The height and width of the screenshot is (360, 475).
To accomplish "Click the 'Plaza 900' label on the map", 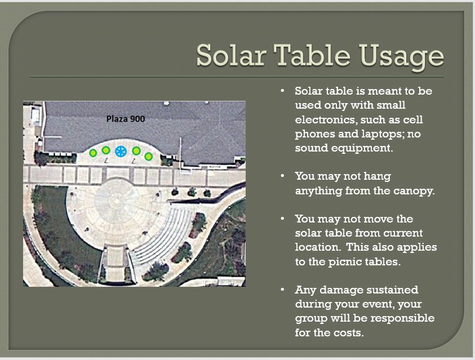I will [x=126, y=119].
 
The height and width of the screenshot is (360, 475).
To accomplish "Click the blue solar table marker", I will [x=121, y=151].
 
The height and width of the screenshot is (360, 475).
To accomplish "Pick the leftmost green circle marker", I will [x=93, y=153].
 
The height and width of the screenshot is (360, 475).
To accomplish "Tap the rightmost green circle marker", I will [x=148, y=156].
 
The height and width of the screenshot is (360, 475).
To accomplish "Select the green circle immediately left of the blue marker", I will [x=106, y=150].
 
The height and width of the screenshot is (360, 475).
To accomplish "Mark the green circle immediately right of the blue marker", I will [x=136, y=150].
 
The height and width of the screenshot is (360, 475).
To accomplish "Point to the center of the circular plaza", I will [x=116, y=204].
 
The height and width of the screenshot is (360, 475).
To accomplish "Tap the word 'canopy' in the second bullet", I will [x=415, y=191].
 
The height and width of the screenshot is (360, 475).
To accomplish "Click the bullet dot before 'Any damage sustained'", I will [x=282, y=290].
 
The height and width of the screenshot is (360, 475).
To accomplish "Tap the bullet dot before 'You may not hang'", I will [x=282, y=176].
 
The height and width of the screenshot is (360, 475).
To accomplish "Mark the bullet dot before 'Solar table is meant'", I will [x=282, y=91].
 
